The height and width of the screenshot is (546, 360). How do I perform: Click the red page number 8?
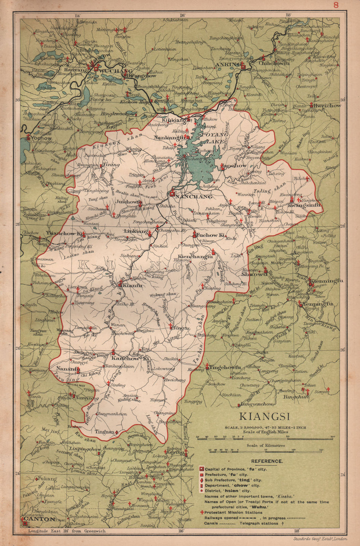(336, 5)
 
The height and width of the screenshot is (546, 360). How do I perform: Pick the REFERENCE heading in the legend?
(267, 461)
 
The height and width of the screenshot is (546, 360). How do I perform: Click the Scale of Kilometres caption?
(266, 445)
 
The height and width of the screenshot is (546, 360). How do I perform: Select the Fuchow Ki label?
(211, 235)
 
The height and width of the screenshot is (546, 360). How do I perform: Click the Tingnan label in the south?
(104, 431)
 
